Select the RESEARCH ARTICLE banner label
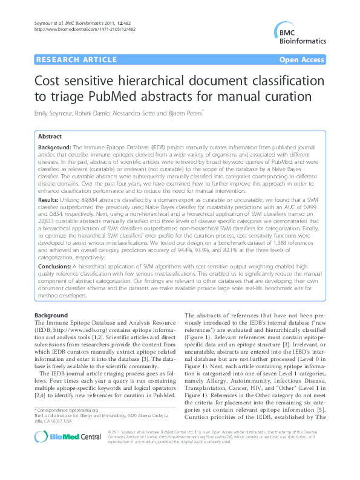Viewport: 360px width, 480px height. click(x=76, y=59)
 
